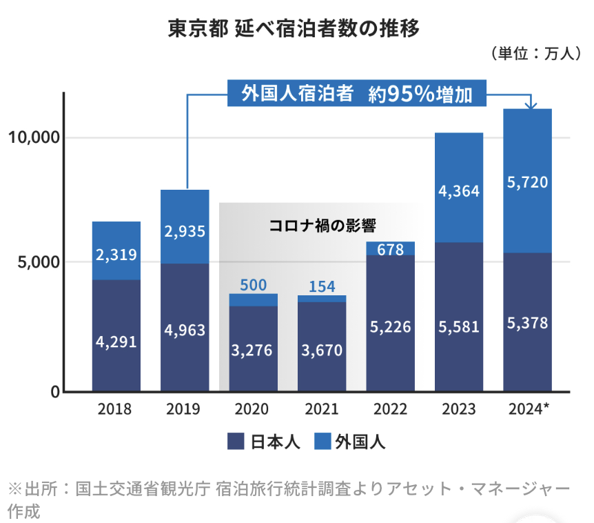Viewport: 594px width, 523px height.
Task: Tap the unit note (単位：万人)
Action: click(x=533, y=54)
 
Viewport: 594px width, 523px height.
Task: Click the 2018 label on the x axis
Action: click(x=116, y=409)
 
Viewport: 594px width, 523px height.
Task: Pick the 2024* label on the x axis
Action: click(x=529, y=409)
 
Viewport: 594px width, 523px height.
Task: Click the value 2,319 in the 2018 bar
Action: click(x=116, y=255)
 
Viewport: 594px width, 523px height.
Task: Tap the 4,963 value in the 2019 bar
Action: click(x=185, y=330)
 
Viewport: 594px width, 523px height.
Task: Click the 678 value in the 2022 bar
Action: click(x=391, y=250)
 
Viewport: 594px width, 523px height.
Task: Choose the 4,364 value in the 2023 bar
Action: click(x=459, y=190)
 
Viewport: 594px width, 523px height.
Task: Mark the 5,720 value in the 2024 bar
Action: click(x=528, y=182)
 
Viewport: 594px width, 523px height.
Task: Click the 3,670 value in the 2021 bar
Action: click(x=322, y=350)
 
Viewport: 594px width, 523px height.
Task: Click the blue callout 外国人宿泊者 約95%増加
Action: click(x=357, y=94)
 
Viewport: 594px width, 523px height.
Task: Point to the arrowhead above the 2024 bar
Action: click(x=531, y=105)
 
